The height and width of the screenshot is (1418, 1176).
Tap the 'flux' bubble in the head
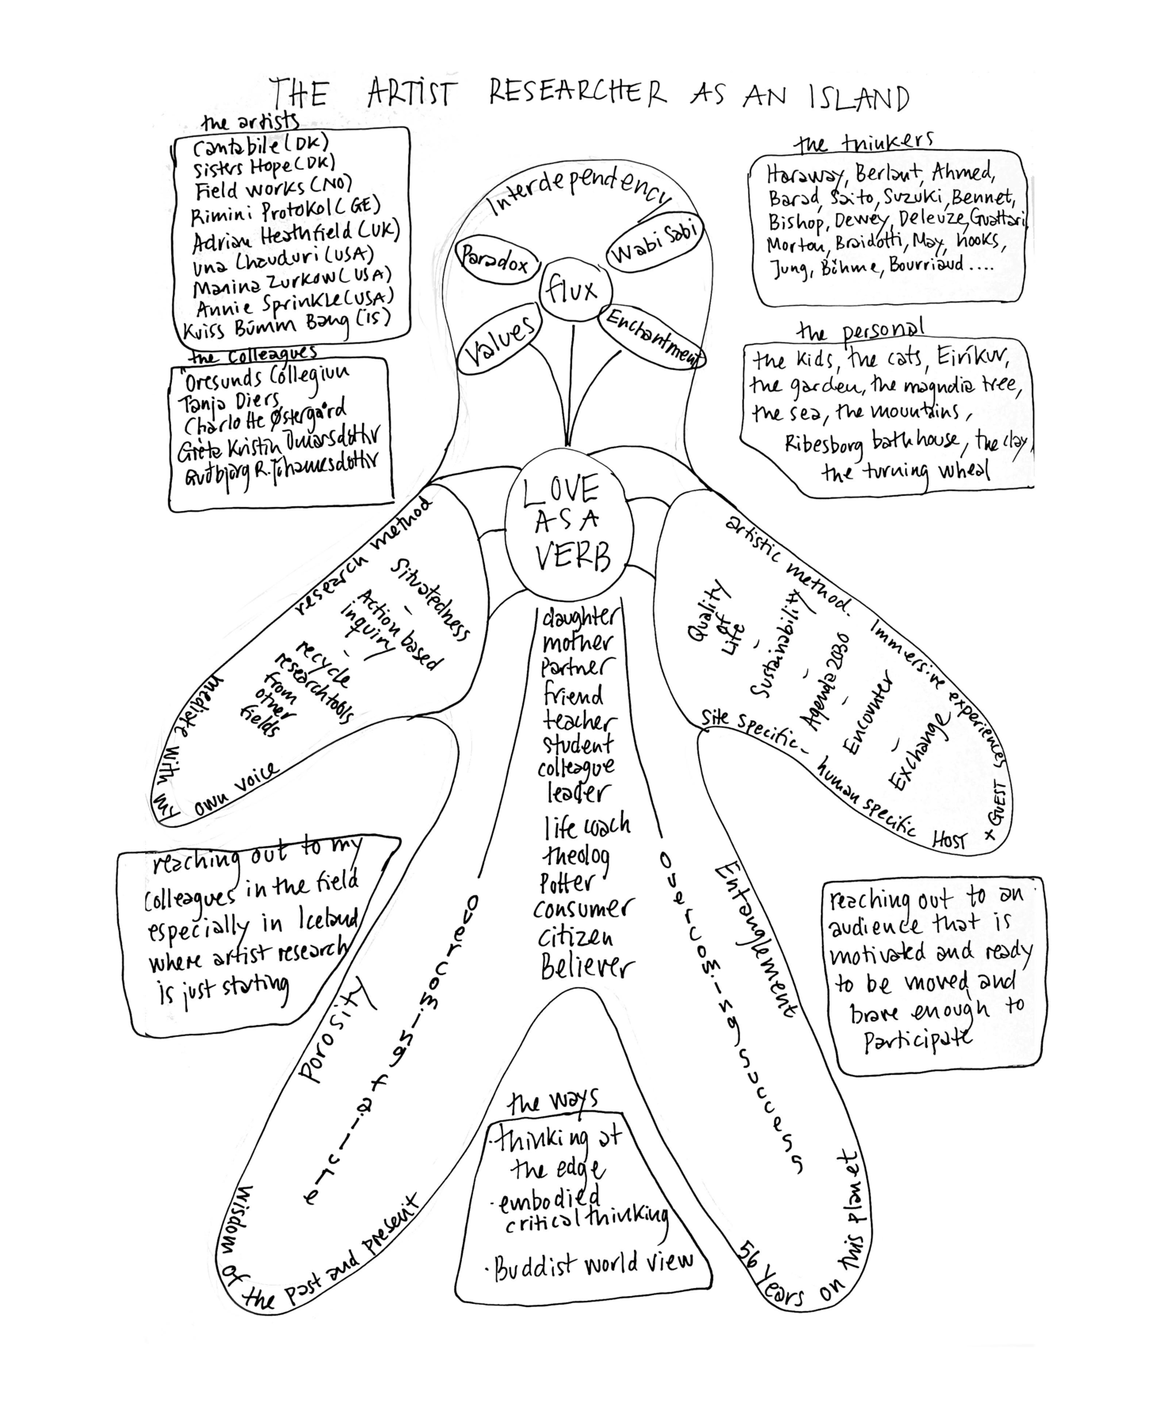pos(571,291)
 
